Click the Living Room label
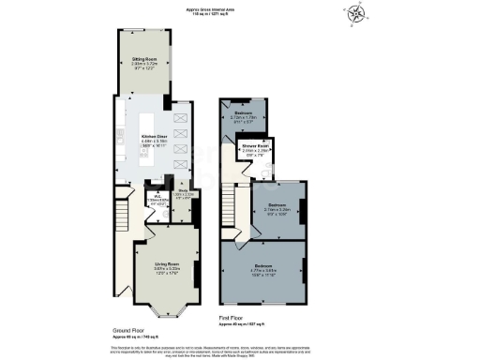tap(168, 268)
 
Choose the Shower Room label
tap(244, 149)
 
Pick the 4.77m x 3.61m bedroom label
tap(266, 272)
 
